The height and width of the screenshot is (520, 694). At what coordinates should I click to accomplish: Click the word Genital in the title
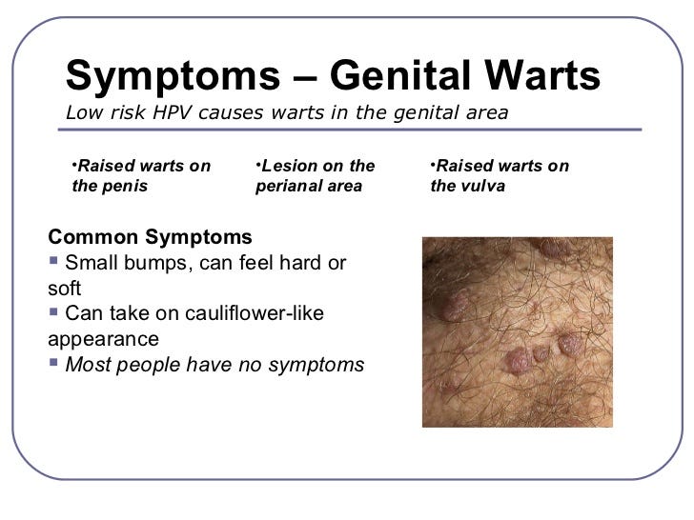(399, 76)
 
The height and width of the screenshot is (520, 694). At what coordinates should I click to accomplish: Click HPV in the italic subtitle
(173, 112)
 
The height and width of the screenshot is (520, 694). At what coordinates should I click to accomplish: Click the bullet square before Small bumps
(53, 260)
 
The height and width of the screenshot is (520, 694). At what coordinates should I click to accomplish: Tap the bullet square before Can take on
(53, 311)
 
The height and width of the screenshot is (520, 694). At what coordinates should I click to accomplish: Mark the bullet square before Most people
(53, 363)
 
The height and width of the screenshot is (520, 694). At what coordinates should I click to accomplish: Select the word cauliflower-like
(255, 313)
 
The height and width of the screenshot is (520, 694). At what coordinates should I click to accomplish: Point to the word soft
(64, 289)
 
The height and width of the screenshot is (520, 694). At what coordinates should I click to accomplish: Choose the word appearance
(103, 339)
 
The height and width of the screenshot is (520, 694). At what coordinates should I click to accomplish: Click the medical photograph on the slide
(518, 332)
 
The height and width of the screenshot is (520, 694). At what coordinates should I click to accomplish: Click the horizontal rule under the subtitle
(350, 130)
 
